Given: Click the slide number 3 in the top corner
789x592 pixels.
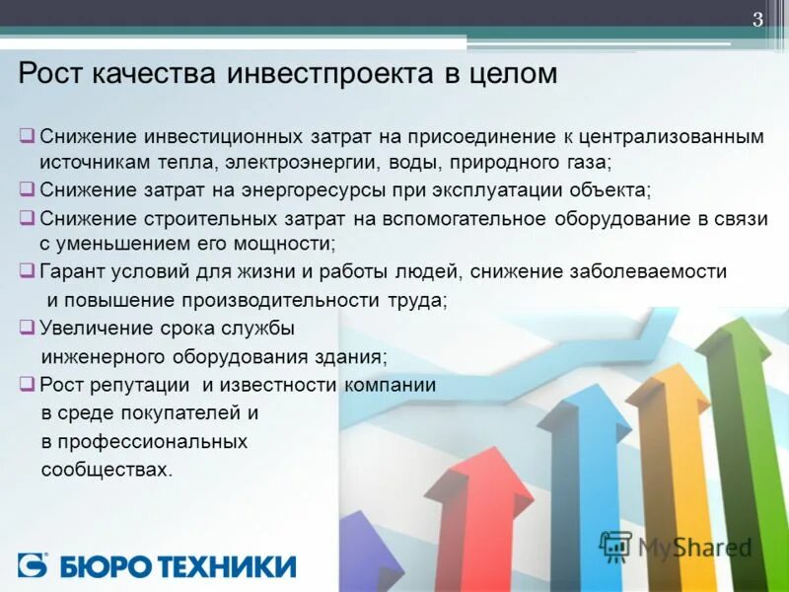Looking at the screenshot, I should pyautogui.click(x=758, y=21).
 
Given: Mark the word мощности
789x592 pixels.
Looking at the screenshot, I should pyautogui.click(x=285, y=243).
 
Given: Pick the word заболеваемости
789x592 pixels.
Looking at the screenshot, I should pyautogui.click(x=651, y=271).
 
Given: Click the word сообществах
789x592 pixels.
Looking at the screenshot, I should pyautogui.click(x=107, y=470).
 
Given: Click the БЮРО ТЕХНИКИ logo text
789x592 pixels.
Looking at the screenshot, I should pyautogui.click(x=178, y=565).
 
